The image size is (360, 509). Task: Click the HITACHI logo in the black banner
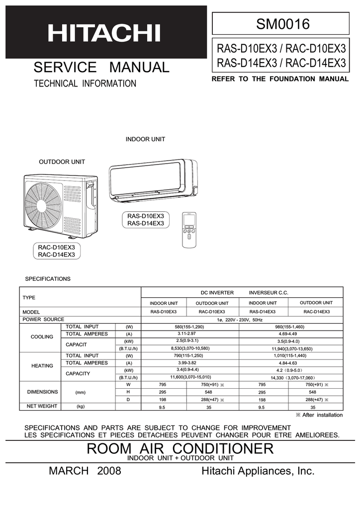pyautogui.click(x=104, y=33)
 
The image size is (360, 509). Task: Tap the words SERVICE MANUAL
pyautogui.click(x=101, y=67)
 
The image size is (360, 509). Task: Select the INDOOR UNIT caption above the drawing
pyautogui.click(x=145, y=139)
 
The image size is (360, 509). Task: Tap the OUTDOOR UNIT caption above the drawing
pyautogui.click(x=62, y=162)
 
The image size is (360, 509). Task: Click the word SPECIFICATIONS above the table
pyautogui.click(x=48, y=279)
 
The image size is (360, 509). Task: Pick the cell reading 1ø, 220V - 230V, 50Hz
pyautogui.click(x=243, y=319)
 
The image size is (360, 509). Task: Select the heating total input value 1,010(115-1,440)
pyautogui.click(x=290, y=355)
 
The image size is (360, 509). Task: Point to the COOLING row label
pyautogui.click(x=42, y=337)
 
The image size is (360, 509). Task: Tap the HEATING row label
pyautogui.click(x=42, y=366)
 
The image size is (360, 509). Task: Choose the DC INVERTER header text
pyautogui.click(x=217, y=293)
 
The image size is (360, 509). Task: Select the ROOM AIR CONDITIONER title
pyautogui.click(x=180, y=448)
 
